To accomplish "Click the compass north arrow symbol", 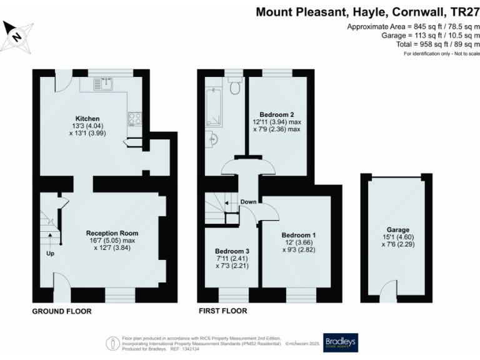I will click(17, 35).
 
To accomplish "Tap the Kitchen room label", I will click(87, 118).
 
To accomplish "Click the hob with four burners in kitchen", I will click(134, 117).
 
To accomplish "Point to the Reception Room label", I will click(111, 232).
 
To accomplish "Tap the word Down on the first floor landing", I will click(248, 202).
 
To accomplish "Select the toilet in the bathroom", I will click(234, 87).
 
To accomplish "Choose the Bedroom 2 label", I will click(277, 114).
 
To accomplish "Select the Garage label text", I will click(397, 229).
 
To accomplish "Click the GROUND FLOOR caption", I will click(62, 311).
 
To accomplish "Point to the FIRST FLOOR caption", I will click(222, 311).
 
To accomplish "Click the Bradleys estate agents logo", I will click(340, 342).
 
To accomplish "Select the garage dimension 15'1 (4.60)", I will click(397, 237).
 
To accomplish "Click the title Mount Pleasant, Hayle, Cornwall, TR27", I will click(368, 12).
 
